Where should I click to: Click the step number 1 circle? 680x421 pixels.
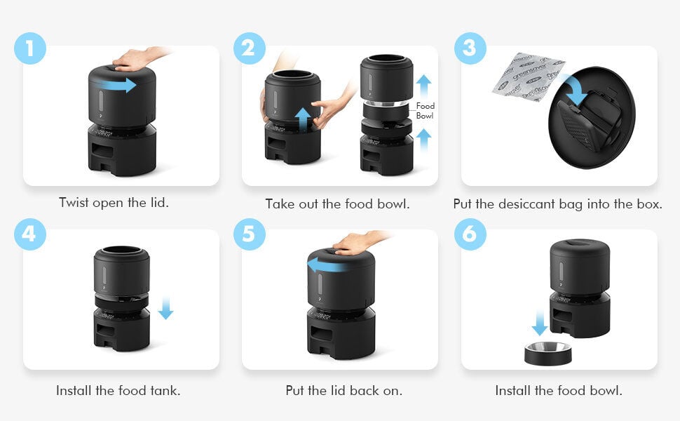[x=30, y=48]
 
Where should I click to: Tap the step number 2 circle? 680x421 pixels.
[x=250, y=48]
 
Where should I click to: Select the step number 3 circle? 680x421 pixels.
[x=470, y=48]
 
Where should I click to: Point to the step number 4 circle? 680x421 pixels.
[x=30, y=234]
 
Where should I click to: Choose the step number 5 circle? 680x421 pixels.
[x=250, y=234]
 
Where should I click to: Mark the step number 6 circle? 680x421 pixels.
[x=470, y=234]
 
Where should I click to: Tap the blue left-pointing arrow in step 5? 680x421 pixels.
[x=327, y=265]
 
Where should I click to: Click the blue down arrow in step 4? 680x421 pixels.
[x=165, y=308]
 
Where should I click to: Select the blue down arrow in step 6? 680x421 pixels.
[x=540, y=323]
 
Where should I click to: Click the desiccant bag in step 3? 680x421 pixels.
[x=528, y=76]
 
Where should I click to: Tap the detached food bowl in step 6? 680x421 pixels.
[x=548, y=354]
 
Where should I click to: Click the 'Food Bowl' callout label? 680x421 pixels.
[x=425, y=111]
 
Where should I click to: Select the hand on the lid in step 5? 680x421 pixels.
[x=360, y=243]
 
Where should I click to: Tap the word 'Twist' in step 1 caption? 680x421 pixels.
[x=74, y=203]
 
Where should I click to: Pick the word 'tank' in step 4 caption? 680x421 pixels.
[x=165, y=391]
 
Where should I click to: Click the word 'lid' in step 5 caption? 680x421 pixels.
[x=338, y=391]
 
